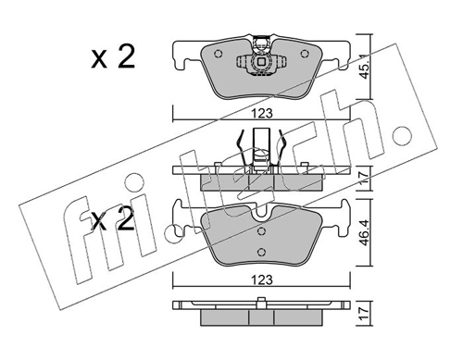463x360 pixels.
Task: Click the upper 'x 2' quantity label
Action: (113, 56)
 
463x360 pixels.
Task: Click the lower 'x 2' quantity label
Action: (113, 219)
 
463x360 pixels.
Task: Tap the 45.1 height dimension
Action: (365, 67)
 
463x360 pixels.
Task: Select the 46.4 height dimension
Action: (365, 232)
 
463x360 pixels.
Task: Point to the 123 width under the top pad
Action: (262, 114)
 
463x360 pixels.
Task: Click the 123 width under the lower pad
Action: (262, 280)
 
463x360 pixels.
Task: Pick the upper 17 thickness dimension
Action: (365, 179)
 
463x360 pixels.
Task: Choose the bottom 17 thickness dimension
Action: (365, 314)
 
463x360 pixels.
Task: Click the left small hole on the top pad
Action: (218, 54)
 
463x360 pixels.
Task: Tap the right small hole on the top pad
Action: (305, 54)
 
